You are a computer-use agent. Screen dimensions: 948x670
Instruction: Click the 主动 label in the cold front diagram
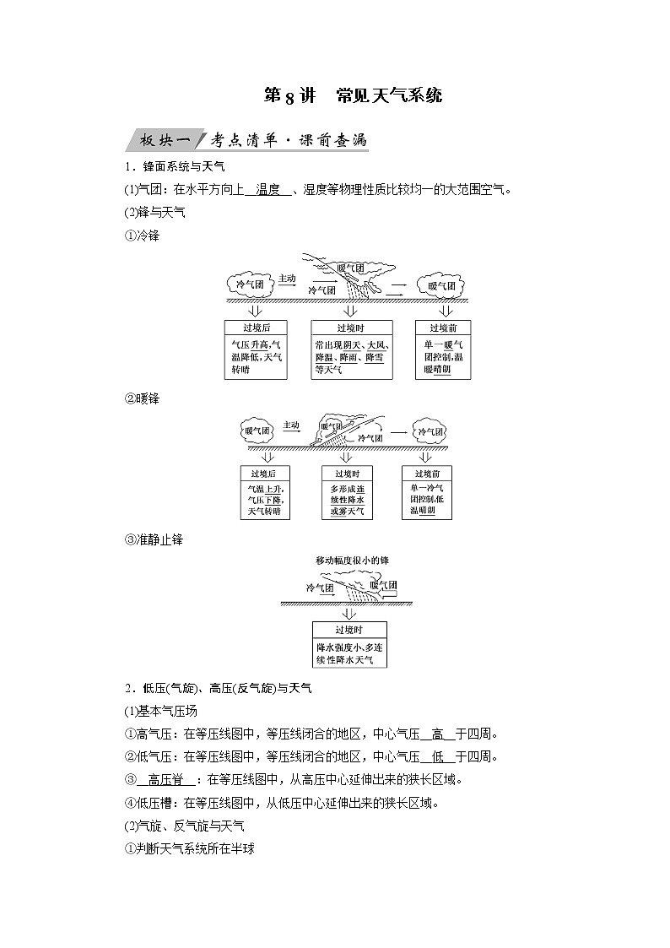click(x=287, y=278)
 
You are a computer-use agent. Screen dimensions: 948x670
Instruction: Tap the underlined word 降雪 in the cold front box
click(x=374, y=357)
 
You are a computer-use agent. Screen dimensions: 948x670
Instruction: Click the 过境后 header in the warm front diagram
click(x=264, y=474)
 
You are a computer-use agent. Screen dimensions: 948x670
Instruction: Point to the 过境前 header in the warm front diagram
click(x=430, y=474)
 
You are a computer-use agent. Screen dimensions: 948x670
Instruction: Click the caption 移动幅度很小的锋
click(x=352, y=560)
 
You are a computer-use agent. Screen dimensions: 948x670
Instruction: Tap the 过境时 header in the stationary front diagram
click(x=349, y=630)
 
